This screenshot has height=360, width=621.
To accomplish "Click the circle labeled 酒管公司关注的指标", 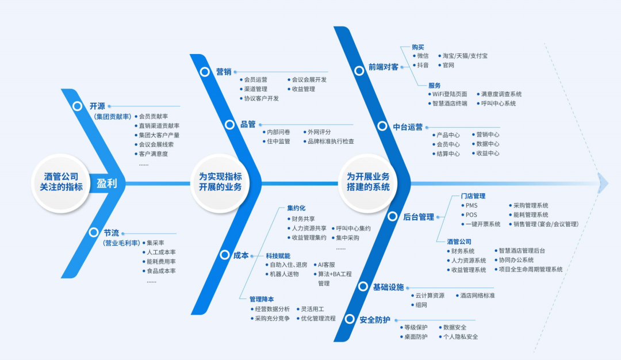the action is click(x=61, y=183).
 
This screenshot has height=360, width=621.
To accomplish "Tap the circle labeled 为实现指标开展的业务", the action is click(x=220, y=183).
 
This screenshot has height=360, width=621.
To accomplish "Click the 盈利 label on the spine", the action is click(x=106, y=183).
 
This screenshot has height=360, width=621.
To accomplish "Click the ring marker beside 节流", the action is click(x=93, y=233).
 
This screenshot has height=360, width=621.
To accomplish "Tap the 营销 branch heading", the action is click(x=224, y=72).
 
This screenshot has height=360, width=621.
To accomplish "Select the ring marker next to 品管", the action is click(x=229, y=124).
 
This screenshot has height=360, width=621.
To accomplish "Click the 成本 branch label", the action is click(x=241, y=255).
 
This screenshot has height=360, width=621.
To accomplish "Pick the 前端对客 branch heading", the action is click(x=384, y=67).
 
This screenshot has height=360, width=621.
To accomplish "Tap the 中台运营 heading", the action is click(x=408, y=127).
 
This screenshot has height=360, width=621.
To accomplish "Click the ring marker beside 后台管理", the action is click(x=392, y=217).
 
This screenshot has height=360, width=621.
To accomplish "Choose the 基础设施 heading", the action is click(x=388, y=287).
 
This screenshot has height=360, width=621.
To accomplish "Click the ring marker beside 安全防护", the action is click(x=348, y=320).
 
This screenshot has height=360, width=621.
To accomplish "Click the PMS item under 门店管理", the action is click(x=471, y=205).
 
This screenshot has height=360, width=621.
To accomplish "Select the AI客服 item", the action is click(x=327, y=265).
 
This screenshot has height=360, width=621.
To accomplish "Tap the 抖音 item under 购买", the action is click(x=423, y=65).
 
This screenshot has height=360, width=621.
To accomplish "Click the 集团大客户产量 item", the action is click(x=159, y=135).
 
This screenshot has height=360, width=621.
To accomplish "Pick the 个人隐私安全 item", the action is click(x=459, y=336).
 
